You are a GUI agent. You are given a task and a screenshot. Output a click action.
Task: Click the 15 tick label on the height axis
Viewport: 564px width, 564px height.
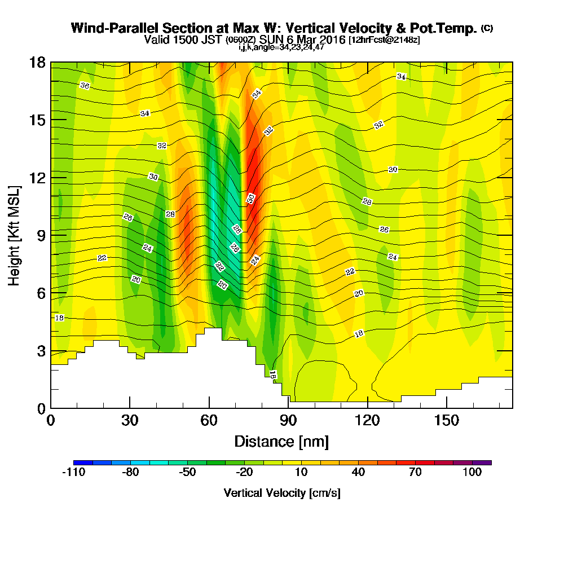point(38,120)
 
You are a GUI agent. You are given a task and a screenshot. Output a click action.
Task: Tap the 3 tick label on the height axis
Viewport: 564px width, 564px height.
point(41,350)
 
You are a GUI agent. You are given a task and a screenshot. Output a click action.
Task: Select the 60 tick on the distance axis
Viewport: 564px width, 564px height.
point(209,408)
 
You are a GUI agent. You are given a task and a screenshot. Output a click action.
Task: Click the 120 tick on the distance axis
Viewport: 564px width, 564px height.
point(368,408)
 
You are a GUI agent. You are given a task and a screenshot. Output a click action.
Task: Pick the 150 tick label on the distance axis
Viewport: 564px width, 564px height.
point(447,420)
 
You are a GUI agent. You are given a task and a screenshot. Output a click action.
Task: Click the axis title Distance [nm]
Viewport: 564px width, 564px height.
point(281,441)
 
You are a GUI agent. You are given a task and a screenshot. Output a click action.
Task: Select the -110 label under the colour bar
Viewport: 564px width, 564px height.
point(73,473)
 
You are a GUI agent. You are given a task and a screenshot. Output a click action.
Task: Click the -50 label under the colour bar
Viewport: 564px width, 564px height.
point(187,473)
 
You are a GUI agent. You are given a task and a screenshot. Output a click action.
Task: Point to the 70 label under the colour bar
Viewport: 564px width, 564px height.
point(416,473)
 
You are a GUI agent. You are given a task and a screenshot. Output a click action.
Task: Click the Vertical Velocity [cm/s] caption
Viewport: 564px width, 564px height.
point(281,493)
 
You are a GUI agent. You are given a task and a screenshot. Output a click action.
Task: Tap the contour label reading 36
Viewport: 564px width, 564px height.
point(85,86)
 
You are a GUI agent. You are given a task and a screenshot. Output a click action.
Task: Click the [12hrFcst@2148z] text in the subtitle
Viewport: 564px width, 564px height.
point(384,40)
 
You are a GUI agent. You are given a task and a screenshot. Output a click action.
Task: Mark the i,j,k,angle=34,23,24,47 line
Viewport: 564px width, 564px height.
point(281,47)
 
